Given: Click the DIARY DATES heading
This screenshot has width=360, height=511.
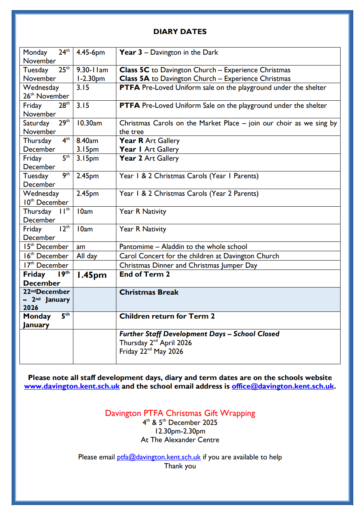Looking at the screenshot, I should point(180,32).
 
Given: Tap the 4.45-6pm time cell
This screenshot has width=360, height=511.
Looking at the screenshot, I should point(91,52).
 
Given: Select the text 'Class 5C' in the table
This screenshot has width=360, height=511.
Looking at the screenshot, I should point(134,70).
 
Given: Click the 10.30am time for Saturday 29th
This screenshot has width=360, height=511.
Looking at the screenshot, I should point(89,123).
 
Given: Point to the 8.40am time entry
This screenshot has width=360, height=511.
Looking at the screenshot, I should point(87,141).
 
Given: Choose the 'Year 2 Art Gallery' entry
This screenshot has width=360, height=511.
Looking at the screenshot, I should point(149,158).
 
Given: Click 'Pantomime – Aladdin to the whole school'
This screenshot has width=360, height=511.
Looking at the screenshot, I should point(183,247).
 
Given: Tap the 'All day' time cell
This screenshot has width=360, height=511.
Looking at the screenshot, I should point(87,256).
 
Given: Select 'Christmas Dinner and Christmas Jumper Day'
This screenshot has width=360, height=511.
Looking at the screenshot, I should point(188,265).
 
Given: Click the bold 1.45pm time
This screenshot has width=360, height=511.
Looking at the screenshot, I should point(92,275).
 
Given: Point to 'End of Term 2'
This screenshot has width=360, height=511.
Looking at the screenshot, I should point(144,274).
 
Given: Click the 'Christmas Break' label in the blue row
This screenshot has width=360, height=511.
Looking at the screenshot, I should point(149,292).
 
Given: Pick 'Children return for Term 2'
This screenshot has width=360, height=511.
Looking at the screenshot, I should point(167,316).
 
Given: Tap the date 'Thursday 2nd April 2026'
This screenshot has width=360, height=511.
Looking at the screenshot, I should point(155,343).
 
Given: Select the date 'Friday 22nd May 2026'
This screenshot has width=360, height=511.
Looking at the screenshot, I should point(151,352).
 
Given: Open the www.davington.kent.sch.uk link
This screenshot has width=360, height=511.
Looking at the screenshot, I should point(72,386).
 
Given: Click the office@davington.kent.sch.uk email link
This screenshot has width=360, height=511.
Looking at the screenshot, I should point(283,386).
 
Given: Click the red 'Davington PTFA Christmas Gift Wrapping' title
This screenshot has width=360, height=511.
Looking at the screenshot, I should point(180,413).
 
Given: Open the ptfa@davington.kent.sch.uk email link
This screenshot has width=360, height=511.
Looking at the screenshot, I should point(159,457).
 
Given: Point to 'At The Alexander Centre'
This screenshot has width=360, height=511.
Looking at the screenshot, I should point(180,440).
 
